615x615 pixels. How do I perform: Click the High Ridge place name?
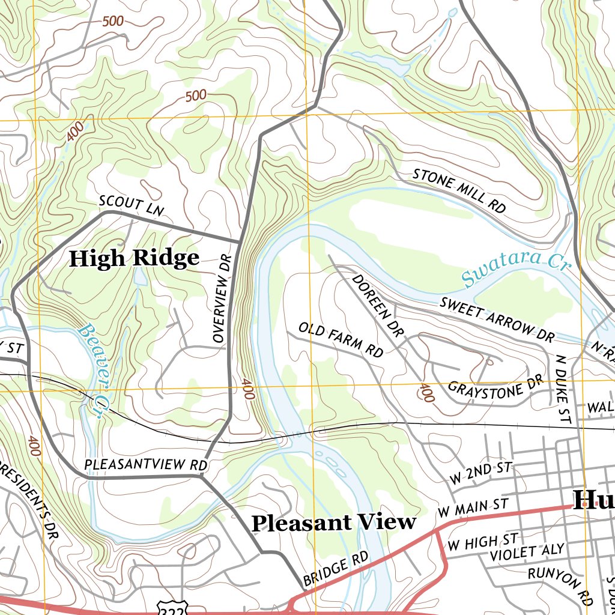point(134,258)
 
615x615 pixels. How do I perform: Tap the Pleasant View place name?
point(333,523)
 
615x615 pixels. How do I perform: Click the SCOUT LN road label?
point(132,205)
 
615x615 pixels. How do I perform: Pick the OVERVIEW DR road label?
point(222,306)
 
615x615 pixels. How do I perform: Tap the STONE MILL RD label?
point(459,190)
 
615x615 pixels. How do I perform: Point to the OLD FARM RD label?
point(341,340)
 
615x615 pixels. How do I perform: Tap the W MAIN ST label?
point(473,507)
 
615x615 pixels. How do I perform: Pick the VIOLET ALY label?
point(527,551)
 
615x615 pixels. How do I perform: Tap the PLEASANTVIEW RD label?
point(145,465)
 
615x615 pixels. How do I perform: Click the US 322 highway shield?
point(166,608)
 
